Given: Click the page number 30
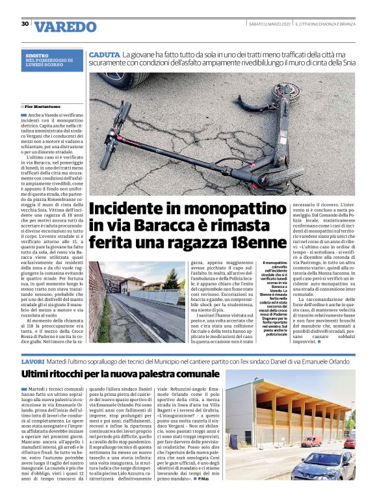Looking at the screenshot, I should tap(25, 24).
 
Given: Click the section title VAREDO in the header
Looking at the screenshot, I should tap(65, 27).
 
